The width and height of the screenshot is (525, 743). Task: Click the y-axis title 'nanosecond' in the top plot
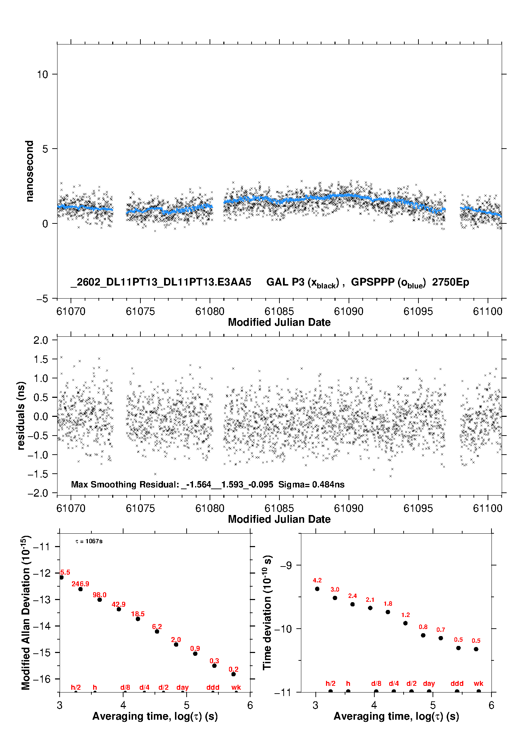(x=30, y=171)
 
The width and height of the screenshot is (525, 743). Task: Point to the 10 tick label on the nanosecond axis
(x=42, y=74)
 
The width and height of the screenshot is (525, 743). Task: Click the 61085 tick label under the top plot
(x=279, y=311)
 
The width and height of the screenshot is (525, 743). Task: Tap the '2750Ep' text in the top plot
(x=451, y=282)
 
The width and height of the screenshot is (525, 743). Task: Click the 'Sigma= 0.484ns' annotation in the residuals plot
(x=311, y=484)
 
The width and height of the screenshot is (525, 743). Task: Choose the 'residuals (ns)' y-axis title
(x=21, y=415)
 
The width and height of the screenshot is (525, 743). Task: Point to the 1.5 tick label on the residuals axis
(x=41, y=359)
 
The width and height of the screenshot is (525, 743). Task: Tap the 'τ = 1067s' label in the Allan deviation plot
(x=89, y=541)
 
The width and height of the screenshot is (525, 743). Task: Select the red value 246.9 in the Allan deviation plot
(x=80, y=584)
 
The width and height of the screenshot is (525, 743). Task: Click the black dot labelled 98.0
(x=99, y=600)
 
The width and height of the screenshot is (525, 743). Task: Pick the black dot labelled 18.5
(x=138, y=619)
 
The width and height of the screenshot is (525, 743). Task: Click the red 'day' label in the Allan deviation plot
(x=182, y=687)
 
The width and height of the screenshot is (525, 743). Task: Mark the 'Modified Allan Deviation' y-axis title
(x=26, y=612)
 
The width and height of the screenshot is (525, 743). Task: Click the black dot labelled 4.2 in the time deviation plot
(x=317, y=589)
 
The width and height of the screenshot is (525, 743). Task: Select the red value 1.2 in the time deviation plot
(x=405, y=615)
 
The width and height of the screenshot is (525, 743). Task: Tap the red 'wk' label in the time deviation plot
(x=478, y=684)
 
